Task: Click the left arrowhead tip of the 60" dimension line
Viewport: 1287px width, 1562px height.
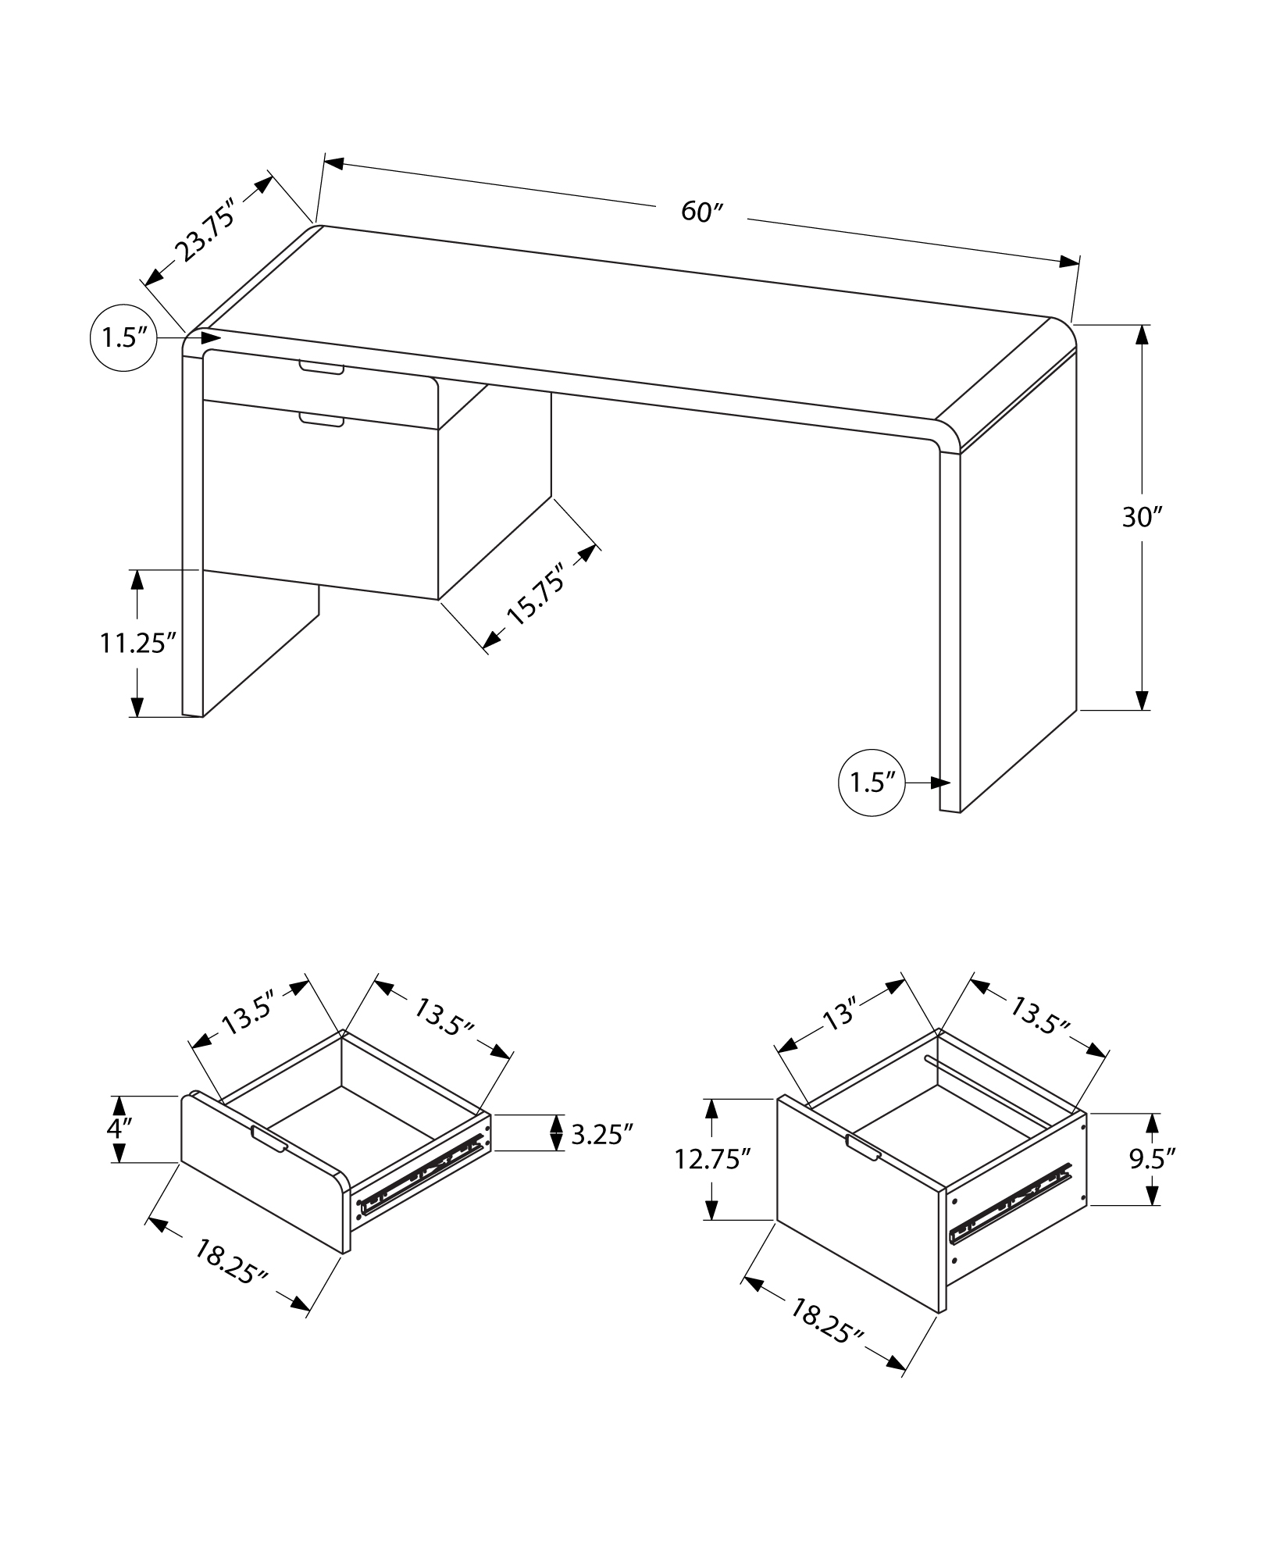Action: (324, 162)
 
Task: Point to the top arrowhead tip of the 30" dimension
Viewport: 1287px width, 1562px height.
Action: (1141, 325)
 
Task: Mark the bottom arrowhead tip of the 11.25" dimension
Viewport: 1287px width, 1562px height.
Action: (137, 716)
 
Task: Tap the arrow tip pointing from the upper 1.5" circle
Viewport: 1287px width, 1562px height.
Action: (222, 337)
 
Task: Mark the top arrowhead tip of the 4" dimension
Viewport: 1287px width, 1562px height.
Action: (118, 1097)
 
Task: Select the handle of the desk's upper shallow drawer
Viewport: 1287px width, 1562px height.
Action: (321, 367)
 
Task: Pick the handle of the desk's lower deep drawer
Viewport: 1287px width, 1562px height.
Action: (322, 420)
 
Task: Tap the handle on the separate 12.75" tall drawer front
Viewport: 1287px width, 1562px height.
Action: (864, 1147)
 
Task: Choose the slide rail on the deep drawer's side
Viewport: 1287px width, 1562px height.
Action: (1010, 1213)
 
